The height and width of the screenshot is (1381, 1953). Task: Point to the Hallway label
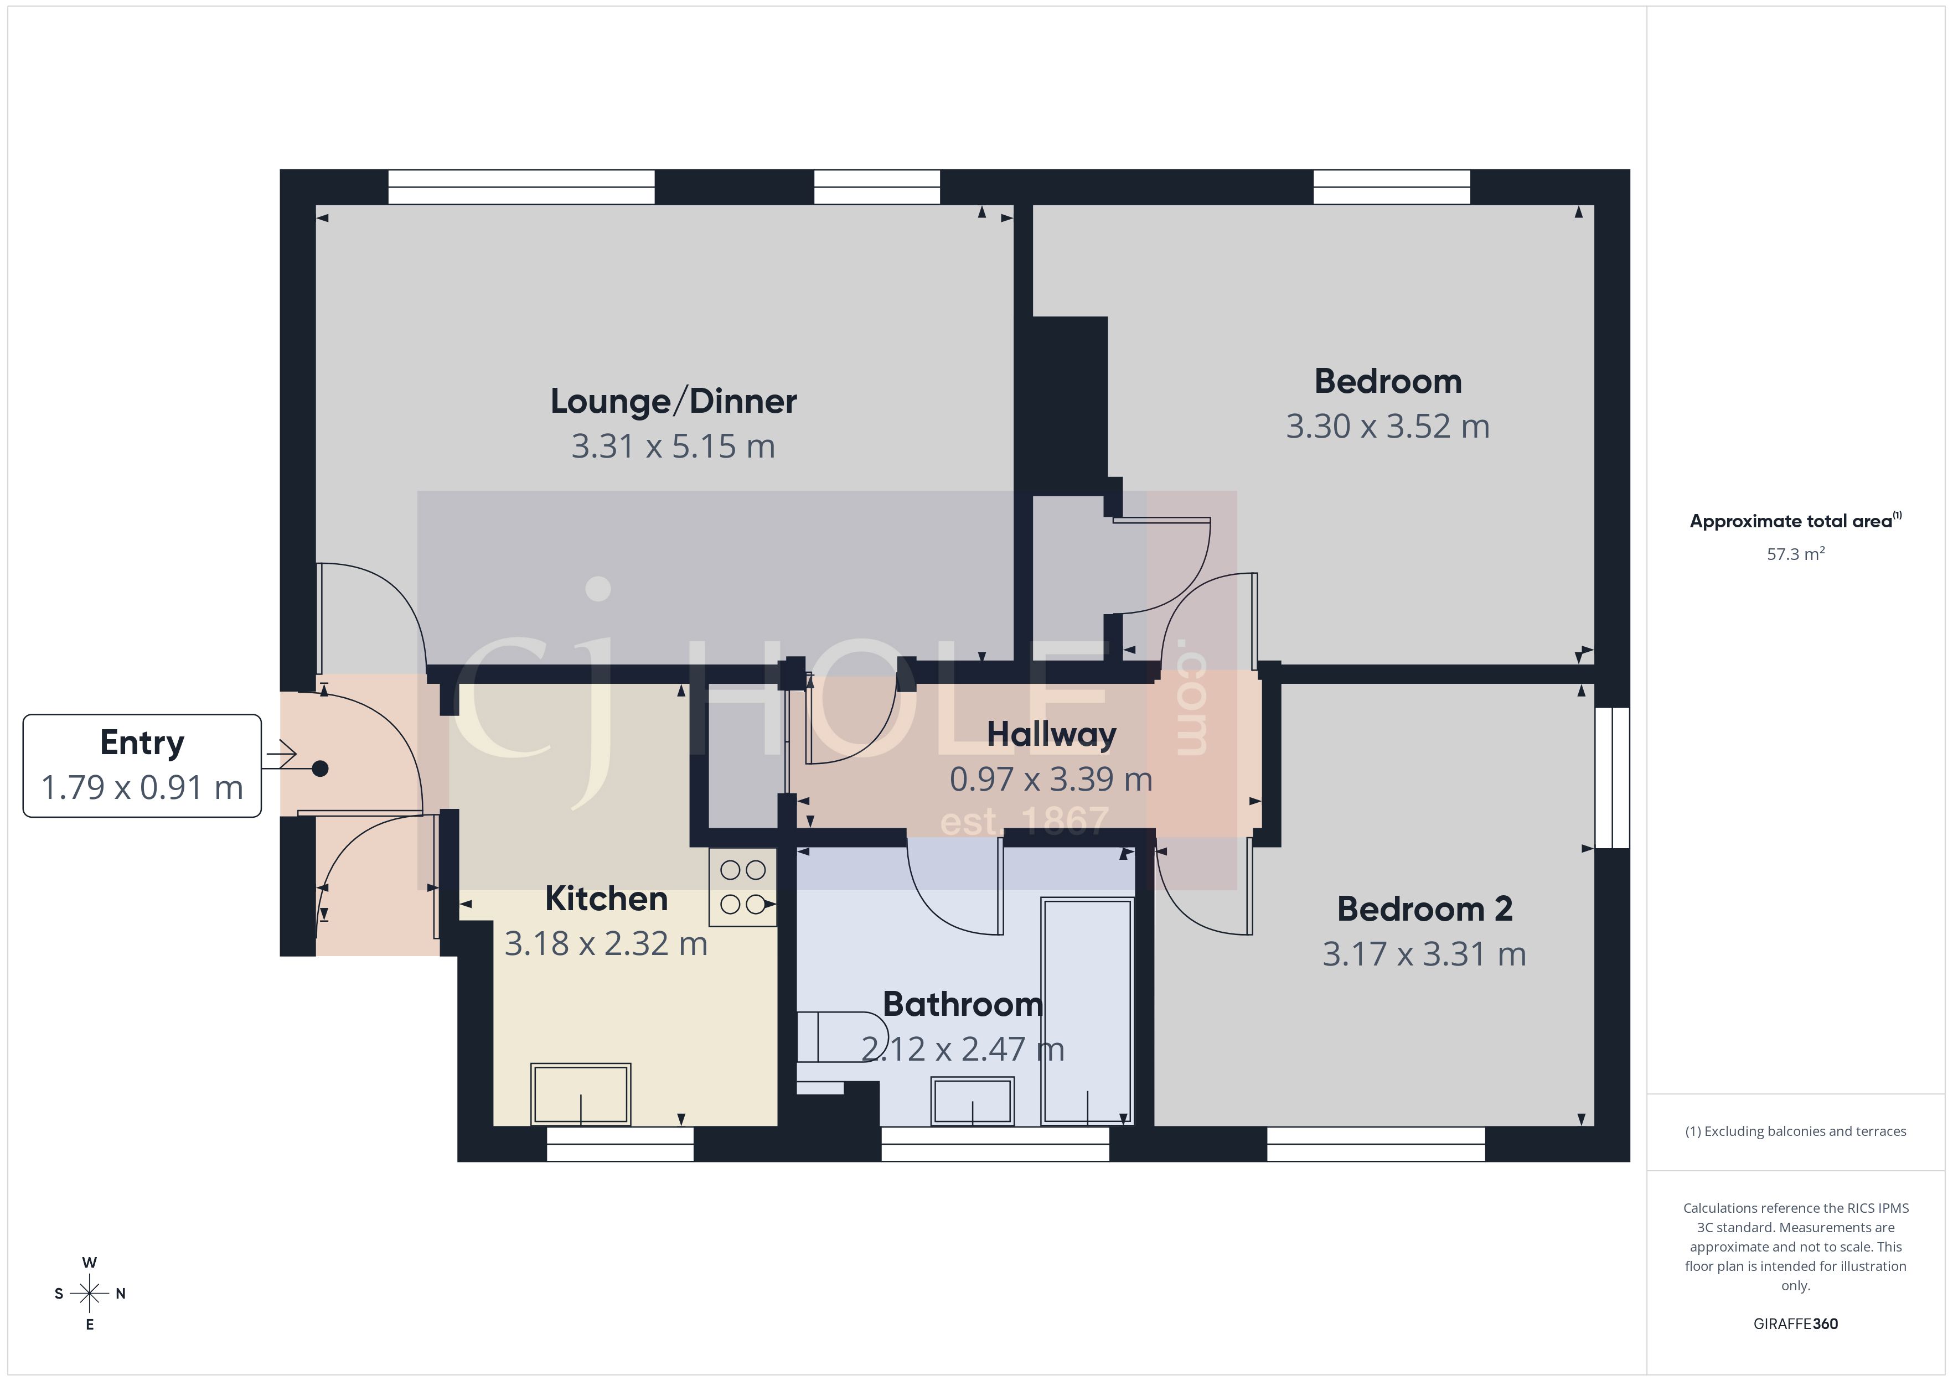tap(1051, 734)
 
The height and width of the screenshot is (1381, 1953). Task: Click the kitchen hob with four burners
tap(742, 887)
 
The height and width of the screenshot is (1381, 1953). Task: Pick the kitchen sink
tap(580, 1094)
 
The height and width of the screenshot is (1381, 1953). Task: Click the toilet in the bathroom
tap(838, 1037)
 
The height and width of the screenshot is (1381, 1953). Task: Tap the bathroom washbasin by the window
tap(972, 1101)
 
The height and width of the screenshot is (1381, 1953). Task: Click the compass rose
tap(89, 1294)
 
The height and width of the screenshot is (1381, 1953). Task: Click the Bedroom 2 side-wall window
tap(1612, 778)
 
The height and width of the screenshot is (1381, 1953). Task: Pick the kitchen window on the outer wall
tap(619, 1145)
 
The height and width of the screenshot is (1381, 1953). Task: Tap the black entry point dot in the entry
tap(320, 769)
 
